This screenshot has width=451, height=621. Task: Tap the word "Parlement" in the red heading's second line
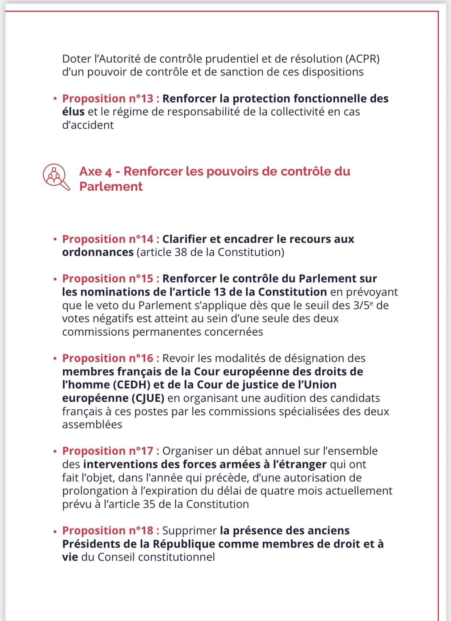[x=111, y=186]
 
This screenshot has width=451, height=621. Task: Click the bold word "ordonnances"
[x=98, y=252]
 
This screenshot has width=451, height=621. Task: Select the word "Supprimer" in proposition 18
[x=189, y=530]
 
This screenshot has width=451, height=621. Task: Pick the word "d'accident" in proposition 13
[x=88, y=125]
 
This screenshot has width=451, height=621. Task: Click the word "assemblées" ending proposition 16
[x=92, y=424]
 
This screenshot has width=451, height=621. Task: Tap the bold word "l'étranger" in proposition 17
[x=299, y=464]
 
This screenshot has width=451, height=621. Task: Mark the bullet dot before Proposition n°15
[x=55, y=280]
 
